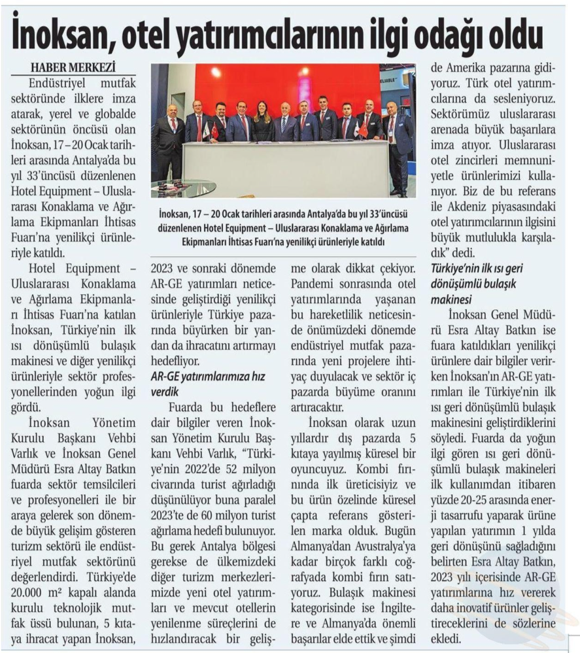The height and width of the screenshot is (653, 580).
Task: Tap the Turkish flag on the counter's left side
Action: tap(214, 130)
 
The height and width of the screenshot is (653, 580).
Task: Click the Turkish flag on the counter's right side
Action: tap(363, 129)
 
